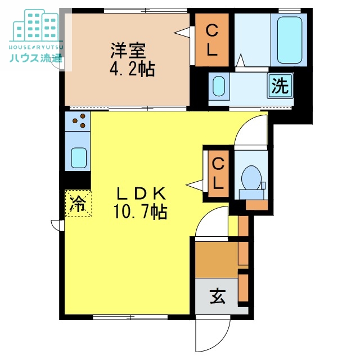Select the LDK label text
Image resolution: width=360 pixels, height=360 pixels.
click(141, 193)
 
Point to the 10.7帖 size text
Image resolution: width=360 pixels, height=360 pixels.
click(141, 212)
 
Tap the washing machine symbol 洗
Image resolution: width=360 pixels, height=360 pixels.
click(280, 85)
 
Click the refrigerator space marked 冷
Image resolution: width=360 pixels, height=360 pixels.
click(77, 202)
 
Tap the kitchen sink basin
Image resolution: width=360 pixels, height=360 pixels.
click(78, 158)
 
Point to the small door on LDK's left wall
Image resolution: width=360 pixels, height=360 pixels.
click(57, 224)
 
